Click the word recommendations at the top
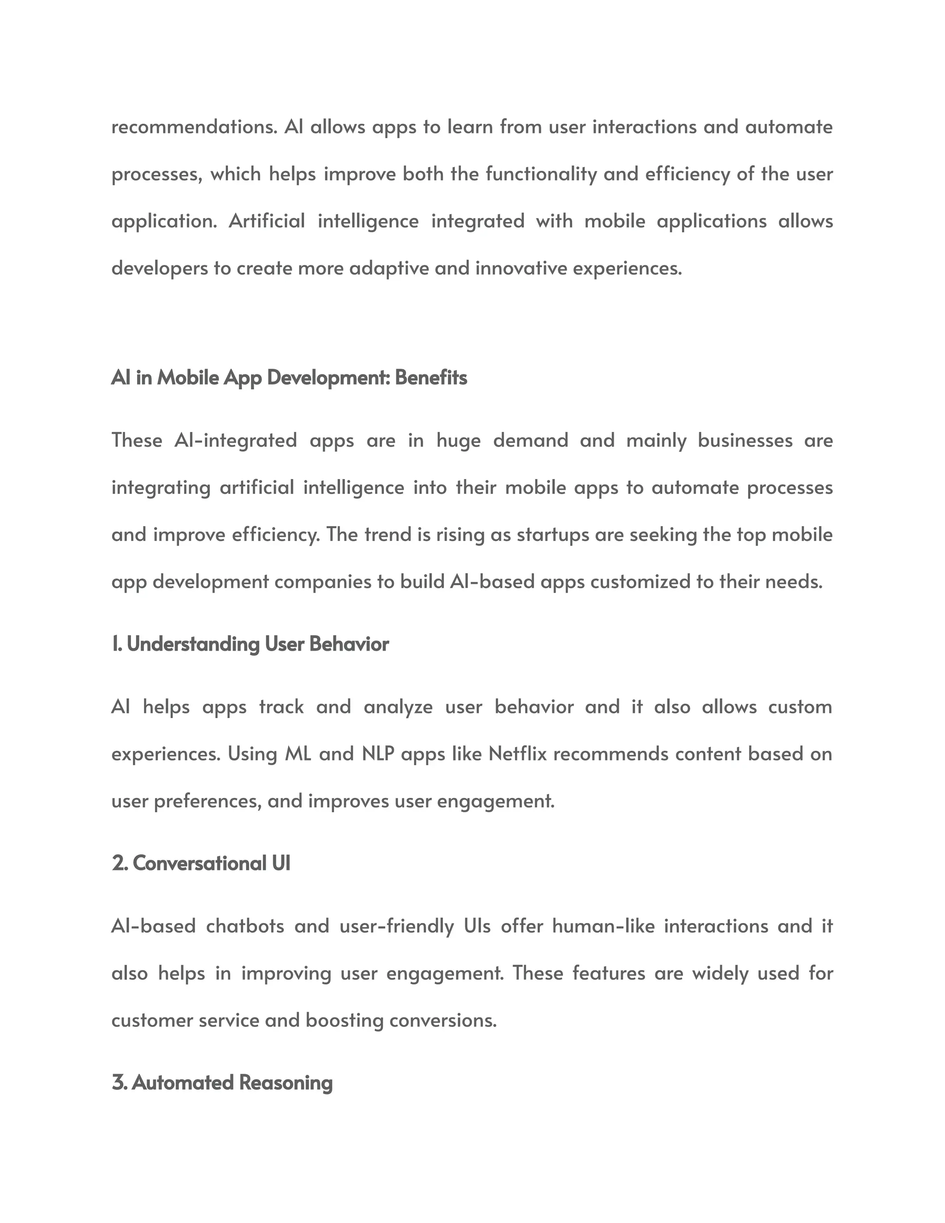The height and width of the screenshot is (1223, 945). coord(194,127)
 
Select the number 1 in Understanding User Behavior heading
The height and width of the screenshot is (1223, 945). coord(115,645)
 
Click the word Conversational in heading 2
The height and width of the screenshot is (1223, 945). coord(199,863)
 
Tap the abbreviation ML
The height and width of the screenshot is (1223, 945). coord(298,754)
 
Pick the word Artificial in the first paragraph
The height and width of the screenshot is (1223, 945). coord(267,221)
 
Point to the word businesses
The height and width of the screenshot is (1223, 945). coord(745,441)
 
